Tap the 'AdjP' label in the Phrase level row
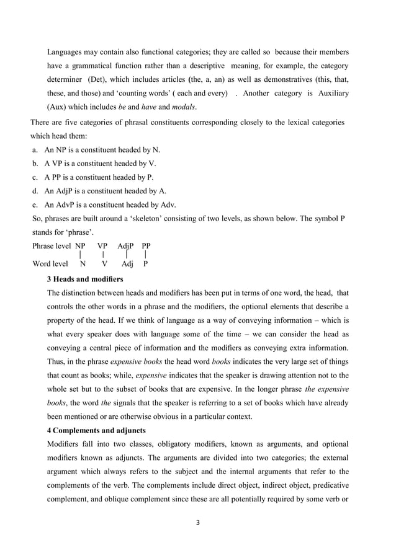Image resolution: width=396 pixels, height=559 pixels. tap(126, 245)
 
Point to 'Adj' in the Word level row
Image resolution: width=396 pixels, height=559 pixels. tap(128, 263)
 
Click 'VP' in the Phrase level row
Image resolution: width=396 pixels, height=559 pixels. tap(102, 245)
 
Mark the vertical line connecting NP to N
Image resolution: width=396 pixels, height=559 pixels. tap(81, 254)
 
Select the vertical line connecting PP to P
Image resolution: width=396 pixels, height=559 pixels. tap(145, 254)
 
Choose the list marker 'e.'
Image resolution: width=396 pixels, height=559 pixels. tap(35, 205)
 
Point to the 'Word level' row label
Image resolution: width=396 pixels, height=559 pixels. tap(50, 263)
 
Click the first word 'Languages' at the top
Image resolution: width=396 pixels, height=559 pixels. tap(68, 51)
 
